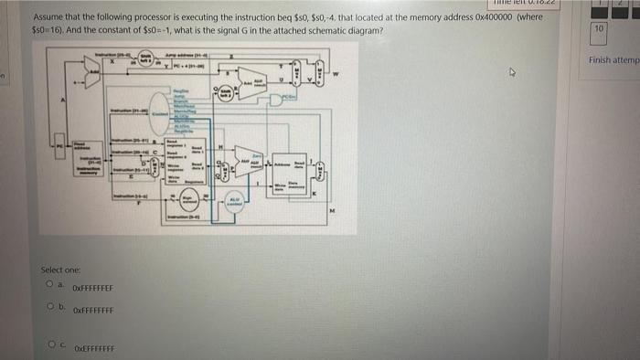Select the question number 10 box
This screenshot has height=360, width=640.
point(598,28)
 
